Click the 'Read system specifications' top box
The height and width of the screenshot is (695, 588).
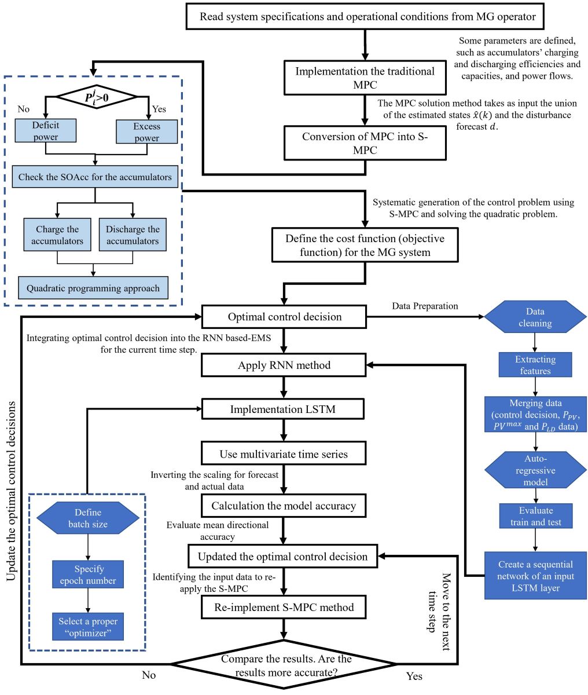(x=367, y=17)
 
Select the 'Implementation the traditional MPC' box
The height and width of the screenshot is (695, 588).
(x=365, y=78)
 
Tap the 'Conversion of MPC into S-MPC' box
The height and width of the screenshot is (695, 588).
(x=365, y=144)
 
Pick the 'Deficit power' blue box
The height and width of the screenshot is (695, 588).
(x=46, y=130)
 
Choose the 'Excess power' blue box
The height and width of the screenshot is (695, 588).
(x=146, y=131)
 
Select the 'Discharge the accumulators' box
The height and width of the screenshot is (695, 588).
(x=133, y=235)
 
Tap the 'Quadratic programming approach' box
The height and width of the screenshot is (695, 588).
(x=93, y=288)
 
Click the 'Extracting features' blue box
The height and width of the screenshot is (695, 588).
(x=535, y=365)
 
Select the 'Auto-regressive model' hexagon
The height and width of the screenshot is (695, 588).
(x=535, y=470)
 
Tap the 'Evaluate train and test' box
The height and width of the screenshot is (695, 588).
(x=535, y=516)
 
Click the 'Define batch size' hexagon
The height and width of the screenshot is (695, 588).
(x=88, y=518)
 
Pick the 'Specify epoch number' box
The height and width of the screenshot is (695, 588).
(x=88, y=575)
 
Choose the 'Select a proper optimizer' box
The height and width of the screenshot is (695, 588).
(x=88, y=627)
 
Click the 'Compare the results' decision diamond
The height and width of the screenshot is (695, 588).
(x=283, y=664)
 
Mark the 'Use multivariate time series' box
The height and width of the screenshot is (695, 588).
(x=284, y=453)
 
